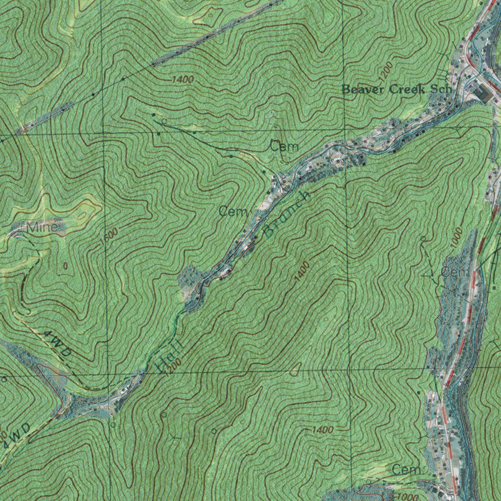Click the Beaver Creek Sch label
396,90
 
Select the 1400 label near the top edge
182,79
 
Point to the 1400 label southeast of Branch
302,272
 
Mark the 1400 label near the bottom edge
322,430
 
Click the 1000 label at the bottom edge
405,496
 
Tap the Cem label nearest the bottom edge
406,470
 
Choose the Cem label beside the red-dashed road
455,273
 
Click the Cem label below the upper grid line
284,146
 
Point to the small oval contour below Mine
66,266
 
